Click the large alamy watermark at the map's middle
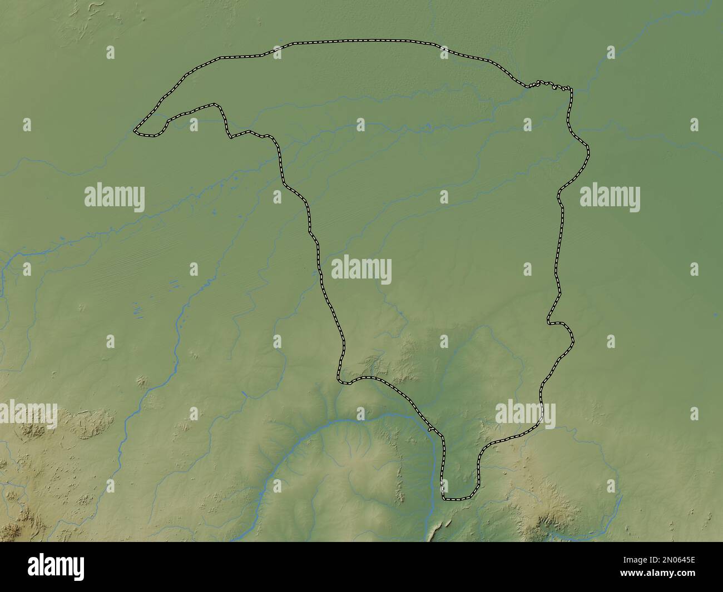(x=361, y=270)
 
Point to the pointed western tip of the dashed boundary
(x=135, y=131)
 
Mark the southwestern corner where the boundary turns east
(x=339, y=380)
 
